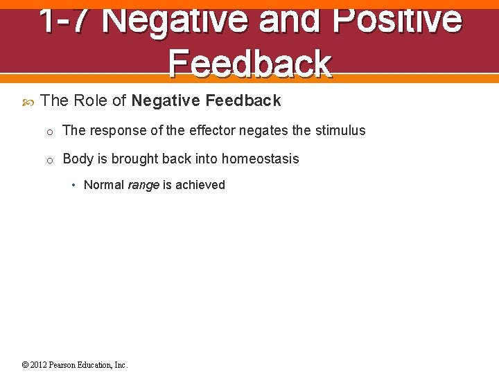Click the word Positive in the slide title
pos(396,19)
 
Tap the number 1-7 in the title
pos(64,19)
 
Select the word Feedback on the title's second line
pos(249,64)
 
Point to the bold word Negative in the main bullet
pos(166,101)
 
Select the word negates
pos(264,130)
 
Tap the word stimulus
pos(340,130)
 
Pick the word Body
pos(78,159)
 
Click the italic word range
pos(143,186)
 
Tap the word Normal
pos(104,185)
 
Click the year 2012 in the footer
pos(38,365)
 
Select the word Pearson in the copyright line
pos(66,365)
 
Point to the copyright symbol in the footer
pos(25,365)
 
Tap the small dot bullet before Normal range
pos(73,185)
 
